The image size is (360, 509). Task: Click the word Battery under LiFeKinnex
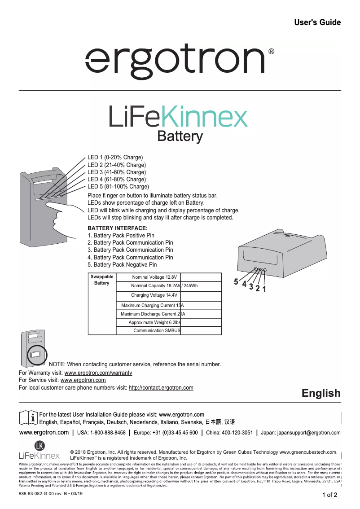tap(180, 136)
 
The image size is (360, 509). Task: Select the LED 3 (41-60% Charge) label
tap(116, 172)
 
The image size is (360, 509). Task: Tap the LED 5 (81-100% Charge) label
tap(118, 186)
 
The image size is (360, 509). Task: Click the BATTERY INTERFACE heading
tap(118, 228)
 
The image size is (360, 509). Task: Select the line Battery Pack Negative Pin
tap(122, 264)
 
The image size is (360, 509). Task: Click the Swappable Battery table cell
tap(102, 280)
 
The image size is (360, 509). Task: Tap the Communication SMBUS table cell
tap(157, 330)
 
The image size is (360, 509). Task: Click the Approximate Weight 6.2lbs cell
tap(155, 322)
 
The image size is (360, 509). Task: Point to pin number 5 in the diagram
tap(236, 282)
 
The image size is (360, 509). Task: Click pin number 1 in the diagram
tap(264, 289)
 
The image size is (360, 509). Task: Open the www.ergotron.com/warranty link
tap(98, 373)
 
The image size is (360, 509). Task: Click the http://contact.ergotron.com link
tap(161, 387)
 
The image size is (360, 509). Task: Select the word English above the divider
tap(321, 393)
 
